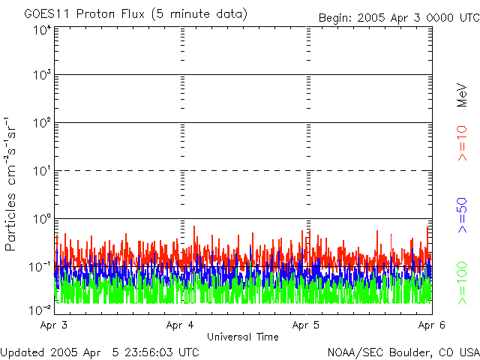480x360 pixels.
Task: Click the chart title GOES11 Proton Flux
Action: click(136, 14)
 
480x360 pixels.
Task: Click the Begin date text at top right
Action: click(397, 17)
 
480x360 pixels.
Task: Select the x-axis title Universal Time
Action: click(242, 337)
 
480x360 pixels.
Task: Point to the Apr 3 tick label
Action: click(54, 325)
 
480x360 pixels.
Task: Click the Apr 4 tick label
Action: click(181, 325)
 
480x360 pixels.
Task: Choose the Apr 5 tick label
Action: click(307, 325)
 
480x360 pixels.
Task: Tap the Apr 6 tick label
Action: click(432, 325)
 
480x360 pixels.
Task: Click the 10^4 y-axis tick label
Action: click(40, 30)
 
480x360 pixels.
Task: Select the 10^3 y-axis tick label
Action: click(40, 76)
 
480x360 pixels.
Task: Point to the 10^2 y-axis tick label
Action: click(40, 123)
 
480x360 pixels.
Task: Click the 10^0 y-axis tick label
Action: click(40, 219)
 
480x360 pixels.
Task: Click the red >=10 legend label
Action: click(463, 143)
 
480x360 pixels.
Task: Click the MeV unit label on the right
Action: click(463, 96)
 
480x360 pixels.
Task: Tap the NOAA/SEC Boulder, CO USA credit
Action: click(403, 352)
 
